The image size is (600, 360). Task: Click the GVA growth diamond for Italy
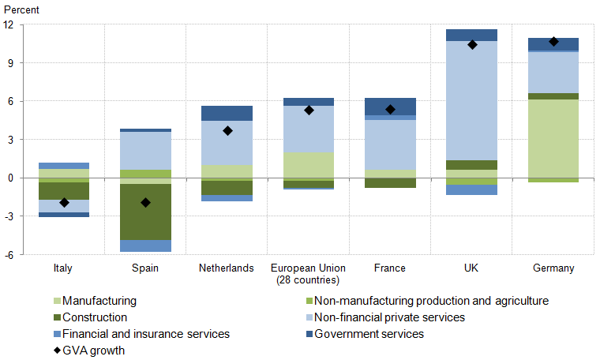coord(64,203)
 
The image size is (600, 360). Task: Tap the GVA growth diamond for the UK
coord(472,45)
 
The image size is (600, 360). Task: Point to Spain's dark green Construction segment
coord(145,212)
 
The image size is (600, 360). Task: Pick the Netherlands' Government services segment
coord(227,113)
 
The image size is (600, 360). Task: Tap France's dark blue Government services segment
coord(390,106)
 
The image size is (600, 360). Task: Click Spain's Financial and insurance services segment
coord(145,246)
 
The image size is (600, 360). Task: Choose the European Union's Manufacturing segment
coord(309,165)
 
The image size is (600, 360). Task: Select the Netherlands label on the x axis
coord(227,268)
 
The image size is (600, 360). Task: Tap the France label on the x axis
coord(390,268)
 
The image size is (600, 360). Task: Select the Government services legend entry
coord(369,334)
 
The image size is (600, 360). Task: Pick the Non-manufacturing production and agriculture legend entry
coord(431,301)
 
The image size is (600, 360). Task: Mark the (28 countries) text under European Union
coord(309,280)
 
